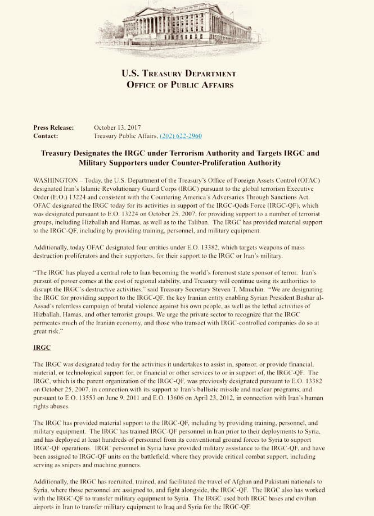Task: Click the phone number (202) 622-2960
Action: pyautogui.click(x=181, y=136)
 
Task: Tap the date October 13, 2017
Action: pyautogui.click(x=117, y=127)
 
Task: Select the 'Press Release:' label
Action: pyautogui.click(x=53, y=127)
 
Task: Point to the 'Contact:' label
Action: pyautogui.click(x=46, y=136)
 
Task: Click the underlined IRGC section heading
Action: pyautogui.click(x=42, y=348)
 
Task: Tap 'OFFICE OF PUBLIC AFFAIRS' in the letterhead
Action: pyautogui.click(x=179, y=85)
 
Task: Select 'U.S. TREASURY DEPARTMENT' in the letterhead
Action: pyautogui.click(x=179, y=74)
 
